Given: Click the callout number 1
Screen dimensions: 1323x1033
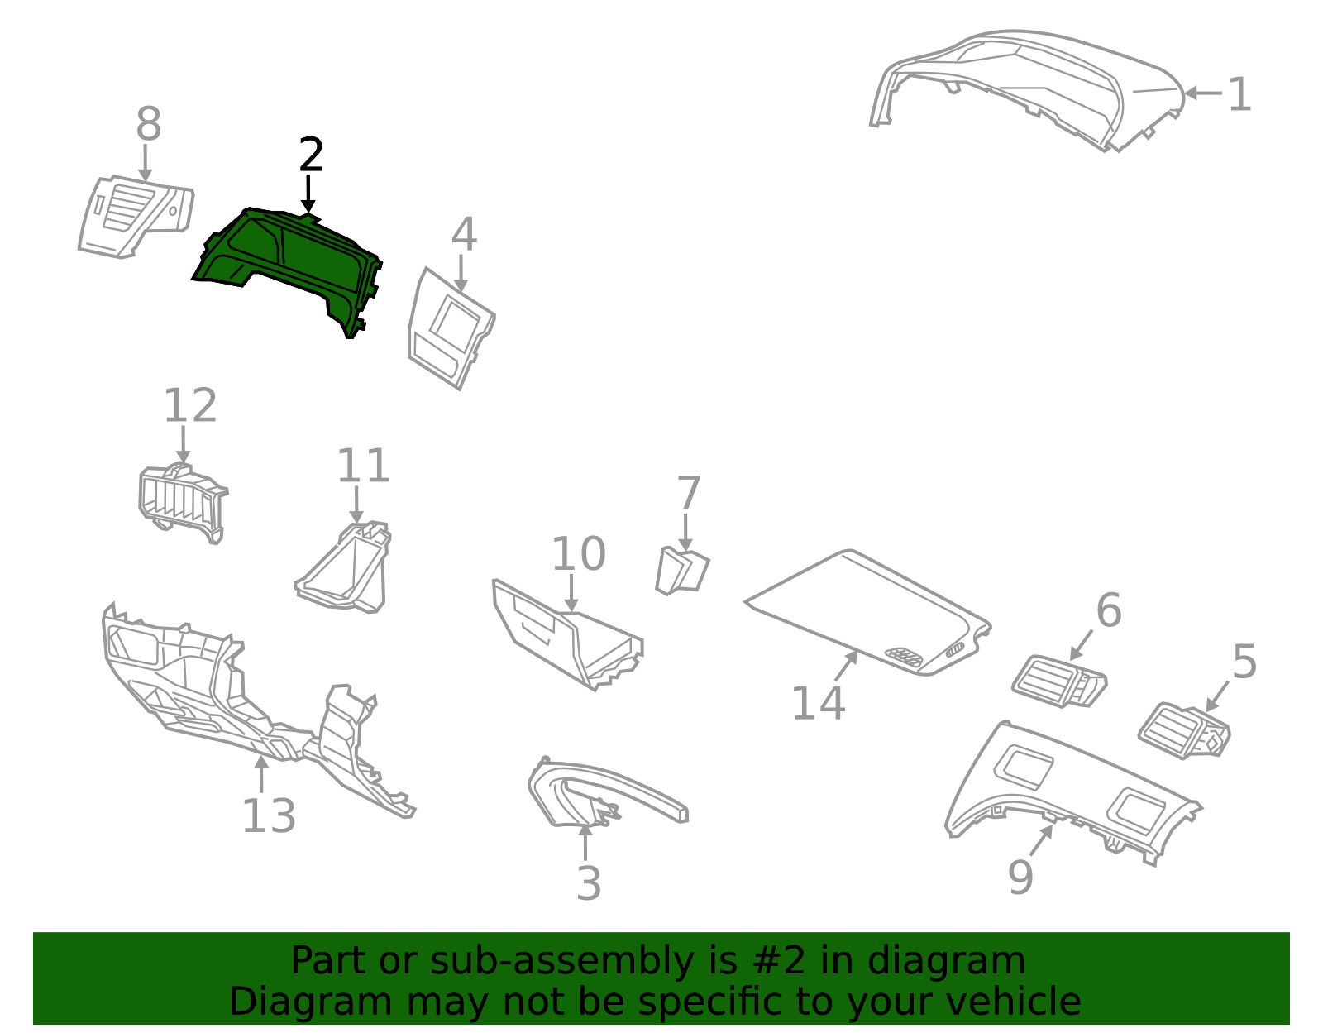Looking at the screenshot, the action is click(x=1239, y=94).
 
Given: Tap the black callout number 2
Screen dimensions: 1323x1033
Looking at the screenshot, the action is click(x=311, y=155).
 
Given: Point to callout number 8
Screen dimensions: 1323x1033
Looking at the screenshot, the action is click(x=149, y=124).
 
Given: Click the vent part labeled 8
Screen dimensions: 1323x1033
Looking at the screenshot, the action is click(x=136, y=217).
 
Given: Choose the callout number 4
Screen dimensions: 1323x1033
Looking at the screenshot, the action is click(x=464, y=234).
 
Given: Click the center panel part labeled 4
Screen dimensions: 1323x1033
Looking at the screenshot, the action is click(x=451, y=328).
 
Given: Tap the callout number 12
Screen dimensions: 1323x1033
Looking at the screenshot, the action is click(x=190, y=405).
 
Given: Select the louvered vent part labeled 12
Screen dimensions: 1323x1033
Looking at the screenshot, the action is click(x=183, y=503).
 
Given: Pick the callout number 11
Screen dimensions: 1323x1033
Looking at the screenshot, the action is click(x=364, y=466).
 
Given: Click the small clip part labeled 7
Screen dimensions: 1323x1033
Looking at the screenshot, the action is click(x=682, y=571).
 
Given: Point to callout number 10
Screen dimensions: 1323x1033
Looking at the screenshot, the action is click(x=578, y=554).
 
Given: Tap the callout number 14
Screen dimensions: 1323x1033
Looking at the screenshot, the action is click(x=818, y=704).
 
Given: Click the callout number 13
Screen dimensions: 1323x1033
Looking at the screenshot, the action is click(x=269, y=816).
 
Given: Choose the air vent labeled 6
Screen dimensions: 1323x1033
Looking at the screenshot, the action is click(x=1059, y=681).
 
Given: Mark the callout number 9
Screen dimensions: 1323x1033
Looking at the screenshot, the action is click(x=1020, y=878).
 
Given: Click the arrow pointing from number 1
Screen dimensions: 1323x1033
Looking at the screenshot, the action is click(x=1203, y=93).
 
